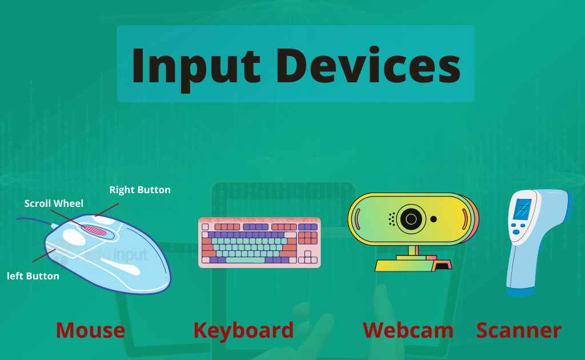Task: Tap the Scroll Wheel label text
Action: click(x=54, y=203)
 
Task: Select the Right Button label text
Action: click(x=140, y=190)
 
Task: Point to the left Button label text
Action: click(x=33, y=276)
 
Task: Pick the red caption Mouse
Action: click(x=90, y=330)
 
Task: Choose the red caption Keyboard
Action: click(x=243, y=330)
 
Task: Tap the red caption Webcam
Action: click(x=408, y=330)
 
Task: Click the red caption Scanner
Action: click(x=519, y=330)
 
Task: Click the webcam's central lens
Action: click(x=411, y=218)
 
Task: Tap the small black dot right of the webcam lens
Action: click(x=434, y=219)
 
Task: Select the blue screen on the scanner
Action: click(x=522, y=209)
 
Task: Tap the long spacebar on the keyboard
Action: click(x=246, y=260)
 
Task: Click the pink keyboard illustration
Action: click(x=259, y=242)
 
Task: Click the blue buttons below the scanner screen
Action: click(x=518, y=229)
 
